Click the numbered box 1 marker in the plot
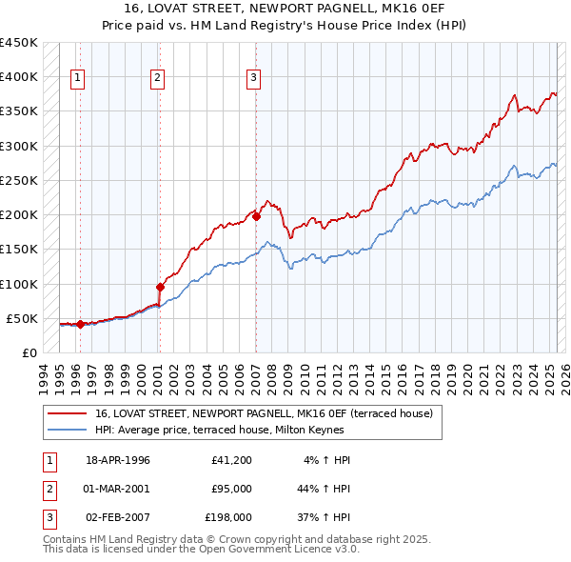(77, 79)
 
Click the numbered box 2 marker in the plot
(157, 79)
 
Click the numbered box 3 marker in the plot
(254, 79)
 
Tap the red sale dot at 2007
(257, 216)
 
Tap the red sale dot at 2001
(160, 287)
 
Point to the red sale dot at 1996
(80, 324)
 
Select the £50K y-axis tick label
(23, 318)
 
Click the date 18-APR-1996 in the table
(118, 460)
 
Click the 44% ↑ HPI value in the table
(324, 489)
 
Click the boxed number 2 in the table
(49, 489)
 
